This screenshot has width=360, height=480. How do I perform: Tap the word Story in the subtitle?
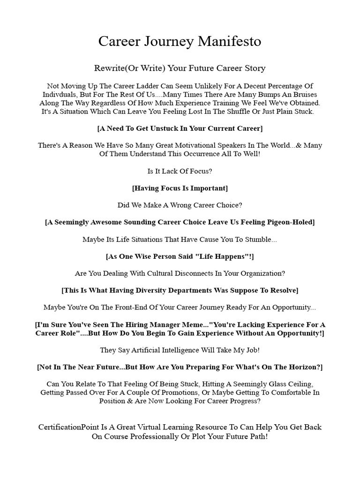click(x=254, y=68)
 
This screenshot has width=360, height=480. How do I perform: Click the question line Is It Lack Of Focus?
click(x=180, y=171)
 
